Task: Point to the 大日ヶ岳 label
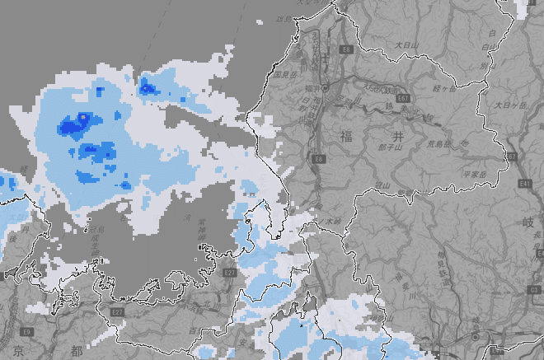[x=510, y=105]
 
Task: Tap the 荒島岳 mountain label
[x=443, y=143]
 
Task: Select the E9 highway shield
[x=26, y=331]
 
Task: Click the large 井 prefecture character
[x=398, y=136]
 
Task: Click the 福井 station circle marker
[x=326, y=87]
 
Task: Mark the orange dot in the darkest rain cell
[x=82, y=117]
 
